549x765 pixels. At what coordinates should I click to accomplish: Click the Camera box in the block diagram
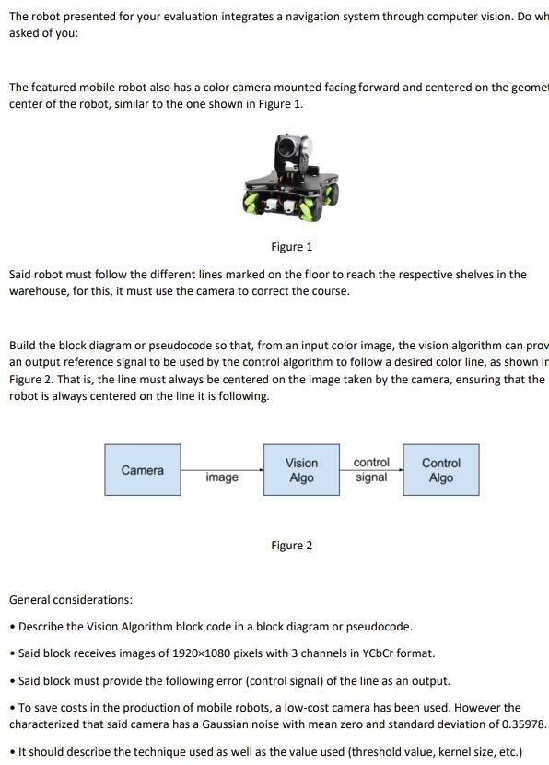(143, 470)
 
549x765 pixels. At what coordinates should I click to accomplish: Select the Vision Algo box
(301, 470)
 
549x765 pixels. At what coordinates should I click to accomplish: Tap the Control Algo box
(440, 470)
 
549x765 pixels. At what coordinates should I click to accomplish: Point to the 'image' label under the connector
(222, 477)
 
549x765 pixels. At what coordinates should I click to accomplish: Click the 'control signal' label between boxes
(371, 469)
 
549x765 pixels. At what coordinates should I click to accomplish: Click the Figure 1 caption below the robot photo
(291, 247)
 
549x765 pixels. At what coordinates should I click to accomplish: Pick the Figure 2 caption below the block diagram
(291, 546)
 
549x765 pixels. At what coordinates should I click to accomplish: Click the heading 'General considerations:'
(71, 600)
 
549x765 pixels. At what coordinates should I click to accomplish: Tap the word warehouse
(38, 291)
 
